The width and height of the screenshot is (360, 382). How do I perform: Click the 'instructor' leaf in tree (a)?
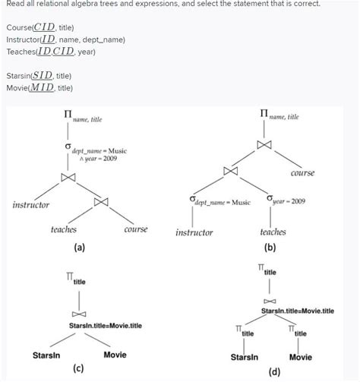pyautogui.click(x=31, y=205)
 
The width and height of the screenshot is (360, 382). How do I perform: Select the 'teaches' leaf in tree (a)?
pyautogui.click(x=64, y=229)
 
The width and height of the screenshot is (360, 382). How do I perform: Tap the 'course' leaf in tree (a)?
pyautogui.click(x=135, y=229)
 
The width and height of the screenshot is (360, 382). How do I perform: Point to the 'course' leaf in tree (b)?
pyautogui.click(x=302, y=173)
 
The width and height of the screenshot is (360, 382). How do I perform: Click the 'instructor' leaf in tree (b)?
pyautogui.click(x=194, y=232)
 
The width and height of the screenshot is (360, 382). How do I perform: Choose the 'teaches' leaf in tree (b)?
pyautogui.click(x=273, y=232)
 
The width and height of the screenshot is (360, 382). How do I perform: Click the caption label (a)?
pyautogui.click(x=80, y=248)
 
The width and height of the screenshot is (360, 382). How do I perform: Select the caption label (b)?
pyautogui.click(x=270, y=248)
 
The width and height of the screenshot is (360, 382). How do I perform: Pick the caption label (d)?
pyautogui.click(x=273, y=372)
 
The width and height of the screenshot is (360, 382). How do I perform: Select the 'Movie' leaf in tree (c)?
pyautogui.click(x=115, y=354)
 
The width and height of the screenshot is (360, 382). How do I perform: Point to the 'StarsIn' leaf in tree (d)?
pyautogui.click(x=245, y=357)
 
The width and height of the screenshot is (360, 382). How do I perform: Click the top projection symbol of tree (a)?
pyautogui.click(x=68, y=116)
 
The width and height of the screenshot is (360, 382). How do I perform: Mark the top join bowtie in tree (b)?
pyautogui.click(x=264, y=144)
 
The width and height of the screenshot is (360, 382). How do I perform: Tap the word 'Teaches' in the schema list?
pyautogui.click(x=20, y=52)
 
